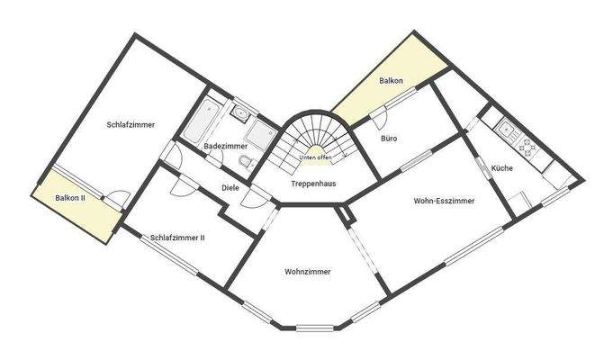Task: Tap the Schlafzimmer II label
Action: (x=178, y=238)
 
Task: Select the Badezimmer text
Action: (x=225, y=146)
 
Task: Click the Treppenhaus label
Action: (x=313, y=184)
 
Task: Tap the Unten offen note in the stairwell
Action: (x=316, y=157)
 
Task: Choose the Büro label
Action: (x=389, y=139)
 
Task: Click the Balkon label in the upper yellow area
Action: (x=391, y=81)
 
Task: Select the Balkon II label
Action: (x=70, y=197)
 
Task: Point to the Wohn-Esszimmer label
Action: (x=444, y=201)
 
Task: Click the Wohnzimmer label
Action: (x=308, y=271)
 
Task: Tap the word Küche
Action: (x=502, y=168)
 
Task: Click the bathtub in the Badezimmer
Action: (x=200, y=122)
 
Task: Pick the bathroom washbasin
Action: (x=239, y=112)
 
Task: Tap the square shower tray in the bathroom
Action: (x=264, y=134)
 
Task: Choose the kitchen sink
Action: (x=507, y=129)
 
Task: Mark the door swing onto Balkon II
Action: (x=118, y=197)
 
